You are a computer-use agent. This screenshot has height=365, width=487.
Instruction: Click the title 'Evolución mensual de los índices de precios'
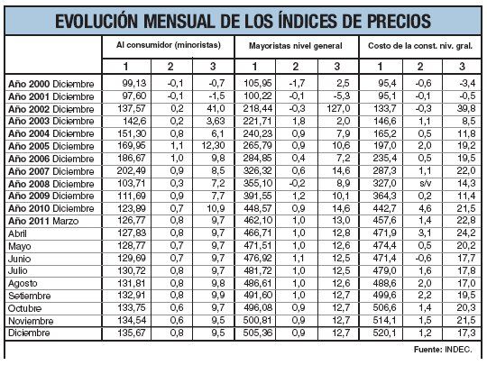[242, 20]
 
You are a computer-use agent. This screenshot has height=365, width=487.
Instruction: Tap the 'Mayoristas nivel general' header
[295, 44]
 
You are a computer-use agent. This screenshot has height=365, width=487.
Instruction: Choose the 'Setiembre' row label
[30, 294]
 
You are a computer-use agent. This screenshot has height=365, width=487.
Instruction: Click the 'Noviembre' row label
[31, 318]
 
